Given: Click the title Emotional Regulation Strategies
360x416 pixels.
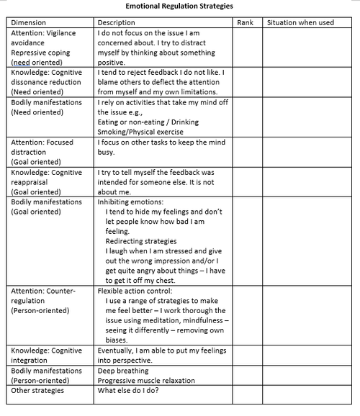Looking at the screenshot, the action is point(179,6).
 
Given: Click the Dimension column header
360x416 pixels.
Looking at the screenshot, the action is point(27,22).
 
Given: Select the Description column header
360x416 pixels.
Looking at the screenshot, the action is point(115,22).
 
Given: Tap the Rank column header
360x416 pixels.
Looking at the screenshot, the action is point(245,22).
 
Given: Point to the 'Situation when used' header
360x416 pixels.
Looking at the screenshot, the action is point(300,22).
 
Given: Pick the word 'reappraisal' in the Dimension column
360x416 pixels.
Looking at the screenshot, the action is point(30,183).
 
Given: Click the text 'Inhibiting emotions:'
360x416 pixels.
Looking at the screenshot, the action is point(131,203).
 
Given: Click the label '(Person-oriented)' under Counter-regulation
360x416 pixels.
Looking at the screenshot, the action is point(41,310).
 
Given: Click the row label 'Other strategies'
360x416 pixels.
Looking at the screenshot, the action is point(37,390).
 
